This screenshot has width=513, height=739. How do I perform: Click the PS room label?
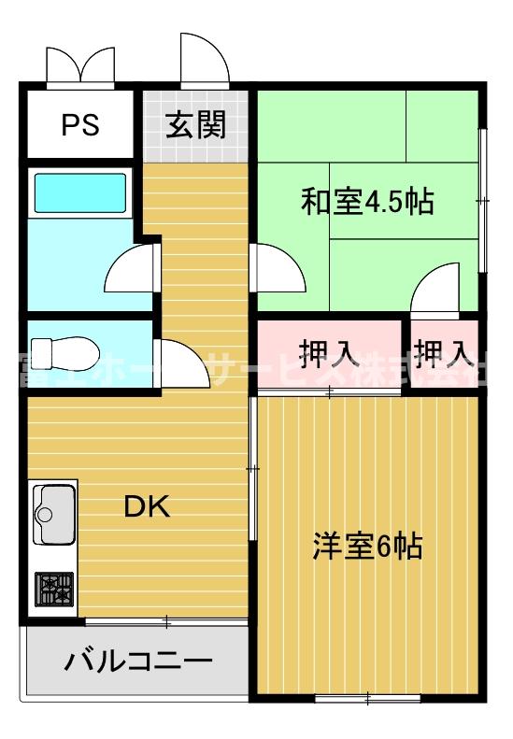[80, 125]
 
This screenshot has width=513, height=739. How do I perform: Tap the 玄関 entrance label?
[196, 124]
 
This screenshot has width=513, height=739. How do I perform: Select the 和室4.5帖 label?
[366, 202]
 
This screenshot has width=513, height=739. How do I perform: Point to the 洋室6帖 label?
[366, 545]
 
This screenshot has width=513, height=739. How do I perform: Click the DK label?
[147, 506]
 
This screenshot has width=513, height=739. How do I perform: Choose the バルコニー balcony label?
[137, 662]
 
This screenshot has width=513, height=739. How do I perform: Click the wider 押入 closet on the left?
[329, 352]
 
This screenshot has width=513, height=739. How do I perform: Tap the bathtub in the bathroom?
[79, 194]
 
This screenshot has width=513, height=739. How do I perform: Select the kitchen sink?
[55, 513]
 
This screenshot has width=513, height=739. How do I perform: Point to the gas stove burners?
[54, 589]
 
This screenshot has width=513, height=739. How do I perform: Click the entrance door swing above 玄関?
[205, 61]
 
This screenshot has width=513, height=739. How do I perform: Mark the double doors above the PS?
[82, 64]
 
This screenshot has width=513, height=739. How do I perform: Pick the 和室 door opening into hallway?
[279, 270]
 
